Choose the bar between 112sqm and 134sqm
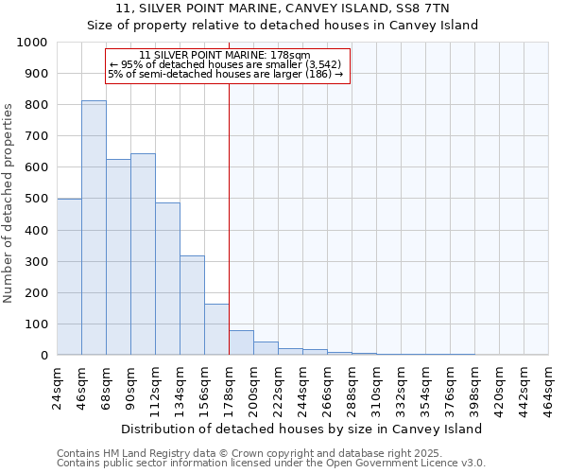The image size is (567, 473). [167, 278]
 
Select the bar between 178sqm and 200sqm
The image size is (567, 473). [241, 342]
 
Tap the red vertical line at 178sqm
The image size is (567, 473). [229, 189]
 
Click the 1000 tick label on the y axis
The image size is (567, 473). [32, 43]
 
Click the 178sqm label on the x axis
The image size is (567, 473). [230, 386]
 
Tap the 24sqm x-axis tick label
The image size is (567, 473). [58, 386]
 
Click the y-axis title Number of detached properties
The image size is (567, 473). [10, 216]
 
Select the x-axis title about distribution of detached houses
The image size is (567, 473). [302, 429]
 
